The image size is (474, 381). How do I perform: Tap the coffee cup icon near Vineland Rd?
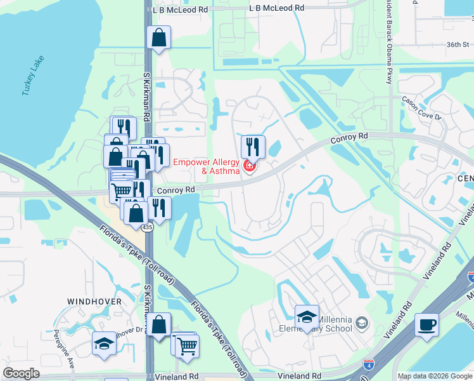[426, 324]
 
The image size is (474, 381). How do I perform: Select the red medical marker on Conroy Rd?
[249, 167]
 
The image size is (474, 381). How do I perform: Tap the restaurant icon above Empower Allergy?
[252, 147]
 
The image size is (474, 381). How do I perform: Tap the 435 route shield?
[147, 227]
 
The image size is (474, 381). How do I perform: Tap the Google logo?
[21, 373]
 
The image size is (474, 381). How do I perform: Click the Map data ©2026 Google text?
[434, 376]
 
